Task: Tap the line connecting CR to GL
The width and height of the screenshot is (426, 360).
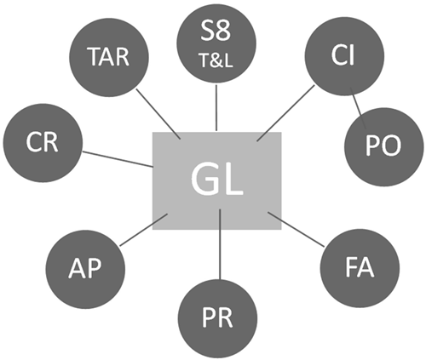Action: [115, 157]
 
